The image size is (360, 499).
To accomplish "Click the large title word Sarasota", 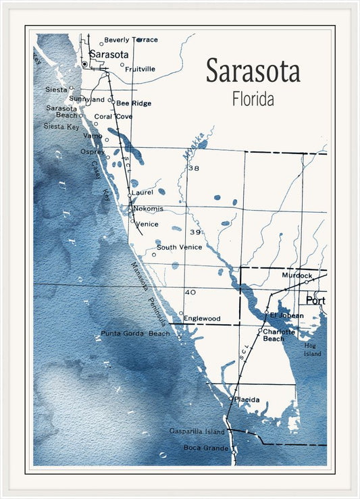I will click(x=253, y=71).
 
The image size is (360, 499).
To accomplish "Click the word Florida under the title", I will click(x=253, y=99).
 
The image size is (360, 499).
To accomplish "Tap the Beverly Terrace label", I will click(x=130, y=40).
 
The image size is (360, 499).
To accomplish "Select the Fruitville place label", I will click(x=140, y=69).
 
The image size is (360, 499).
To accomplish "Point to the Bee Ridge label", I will click(x=134, y=103).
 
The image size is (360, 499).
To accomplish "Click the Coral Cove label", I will click(x=113, y=116).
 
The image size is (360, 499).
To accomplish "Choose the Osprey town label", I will click(x=93, y=152).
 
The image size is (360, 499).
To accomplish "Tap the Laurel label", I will click(x=142, y=192).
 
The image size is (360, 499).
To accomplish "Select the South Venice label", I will click(x=179, y=247).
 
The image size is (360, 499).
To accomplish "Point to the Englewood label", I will click(x=202, y=318).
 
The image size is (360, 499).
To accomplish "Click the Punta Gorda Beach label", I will click(x=135, y=334).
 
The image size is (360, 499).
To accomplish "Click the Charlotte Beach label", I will click(x=278, y=335).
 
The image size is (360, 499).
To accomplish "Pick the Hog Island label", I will click(x=313, y=349).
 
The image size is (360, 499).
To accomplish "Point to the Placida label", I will click(x=247, y=400).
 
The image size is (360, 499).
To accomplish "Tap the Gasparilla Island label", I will click(x=197, y=431).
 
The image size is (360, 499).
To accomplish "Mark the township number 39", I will click(x=195, y=232).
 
